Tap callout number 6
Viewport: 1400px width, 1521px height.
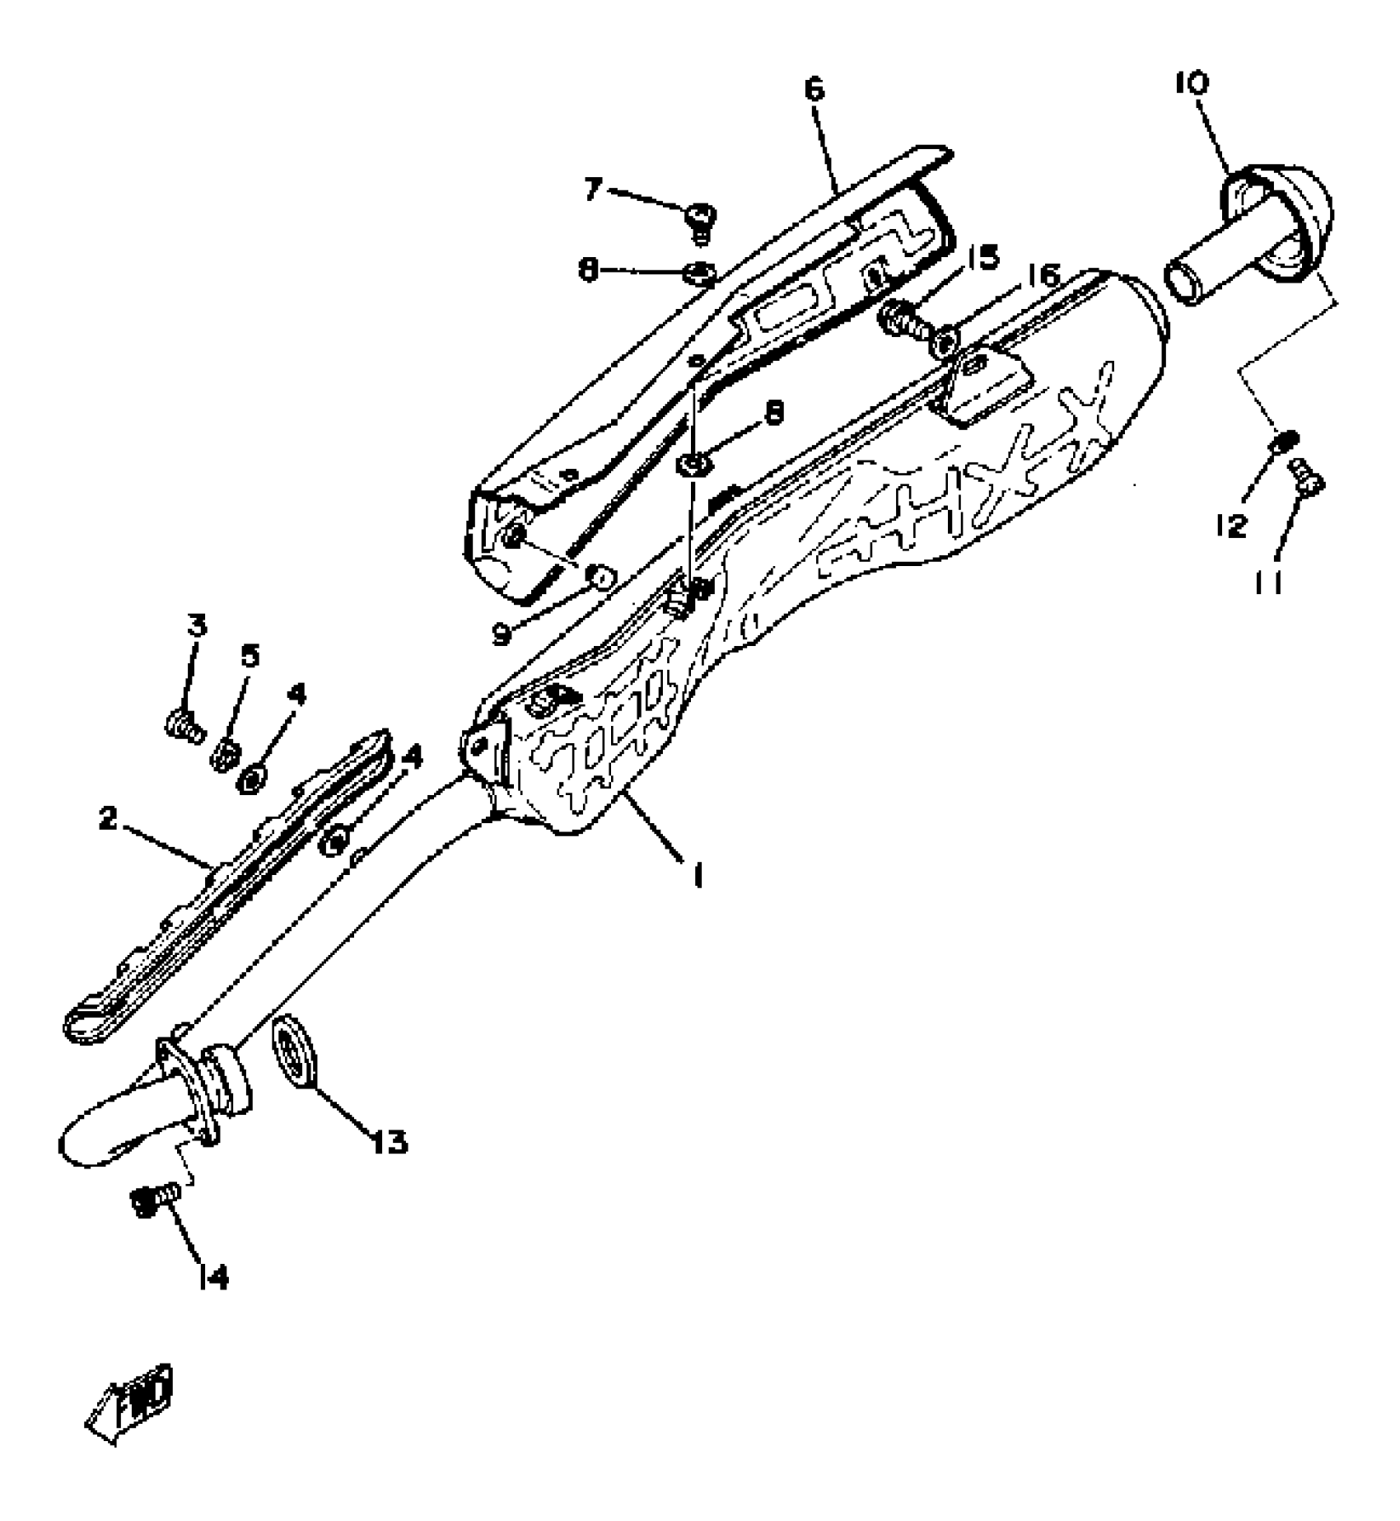(x=814, y=89)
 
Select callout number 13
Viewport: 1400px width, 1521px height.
(x=389, y=1142)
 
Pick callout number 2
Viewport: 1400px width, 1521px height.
(x=108, y=820)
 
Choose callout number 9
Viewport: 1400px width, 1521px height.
(x=502, y=635)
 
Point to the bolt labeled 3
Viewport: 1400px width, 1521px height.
(x=183, y=727)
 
